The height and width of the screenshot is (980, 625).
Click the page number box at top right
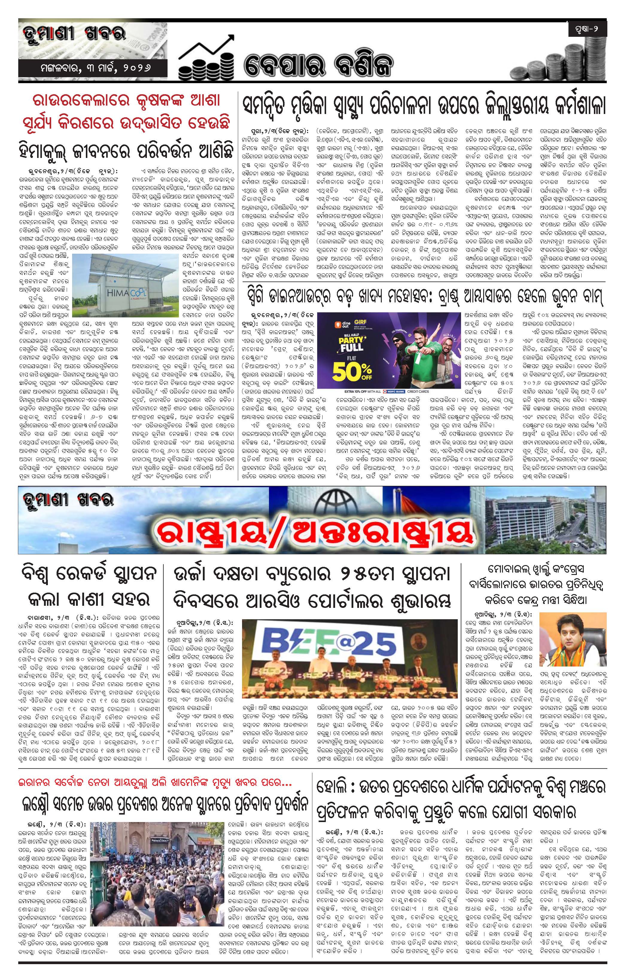(x=587, y=29)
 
